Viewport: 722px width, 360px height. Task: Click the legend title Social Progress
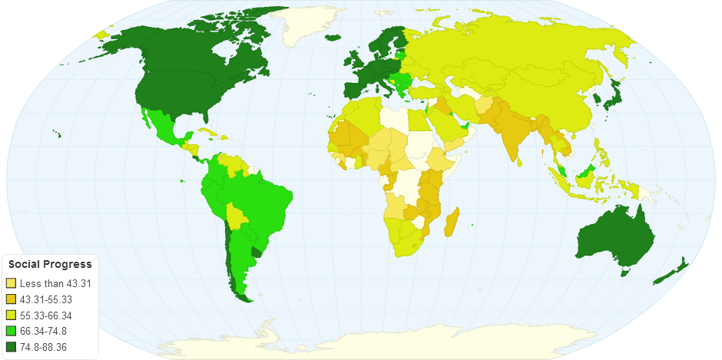50,265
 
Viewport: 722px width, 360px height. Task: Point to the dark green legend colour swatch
11,348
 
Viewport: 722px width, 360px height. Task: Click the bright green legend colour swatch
11,332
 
